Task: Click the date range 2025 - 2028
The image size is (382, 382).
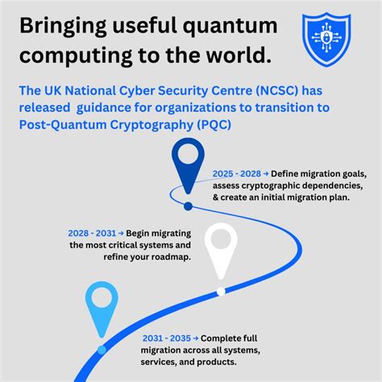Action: point(239,173)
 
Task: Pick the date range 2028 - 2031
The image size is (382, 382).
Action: point(93,233)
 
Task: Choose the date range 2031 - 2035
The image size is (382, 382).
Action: point(166,338)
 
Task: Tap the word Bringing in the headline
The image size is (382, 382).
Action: point(64,27)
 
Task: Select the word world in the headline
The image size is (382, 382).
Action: point(236,57)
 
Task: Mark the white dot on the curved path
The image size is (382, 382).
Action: point(221,291)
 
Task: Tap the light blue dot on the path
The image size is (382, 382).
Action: point(102,350)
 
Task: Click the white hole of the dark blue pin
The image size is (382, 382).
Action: point(189,152)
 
